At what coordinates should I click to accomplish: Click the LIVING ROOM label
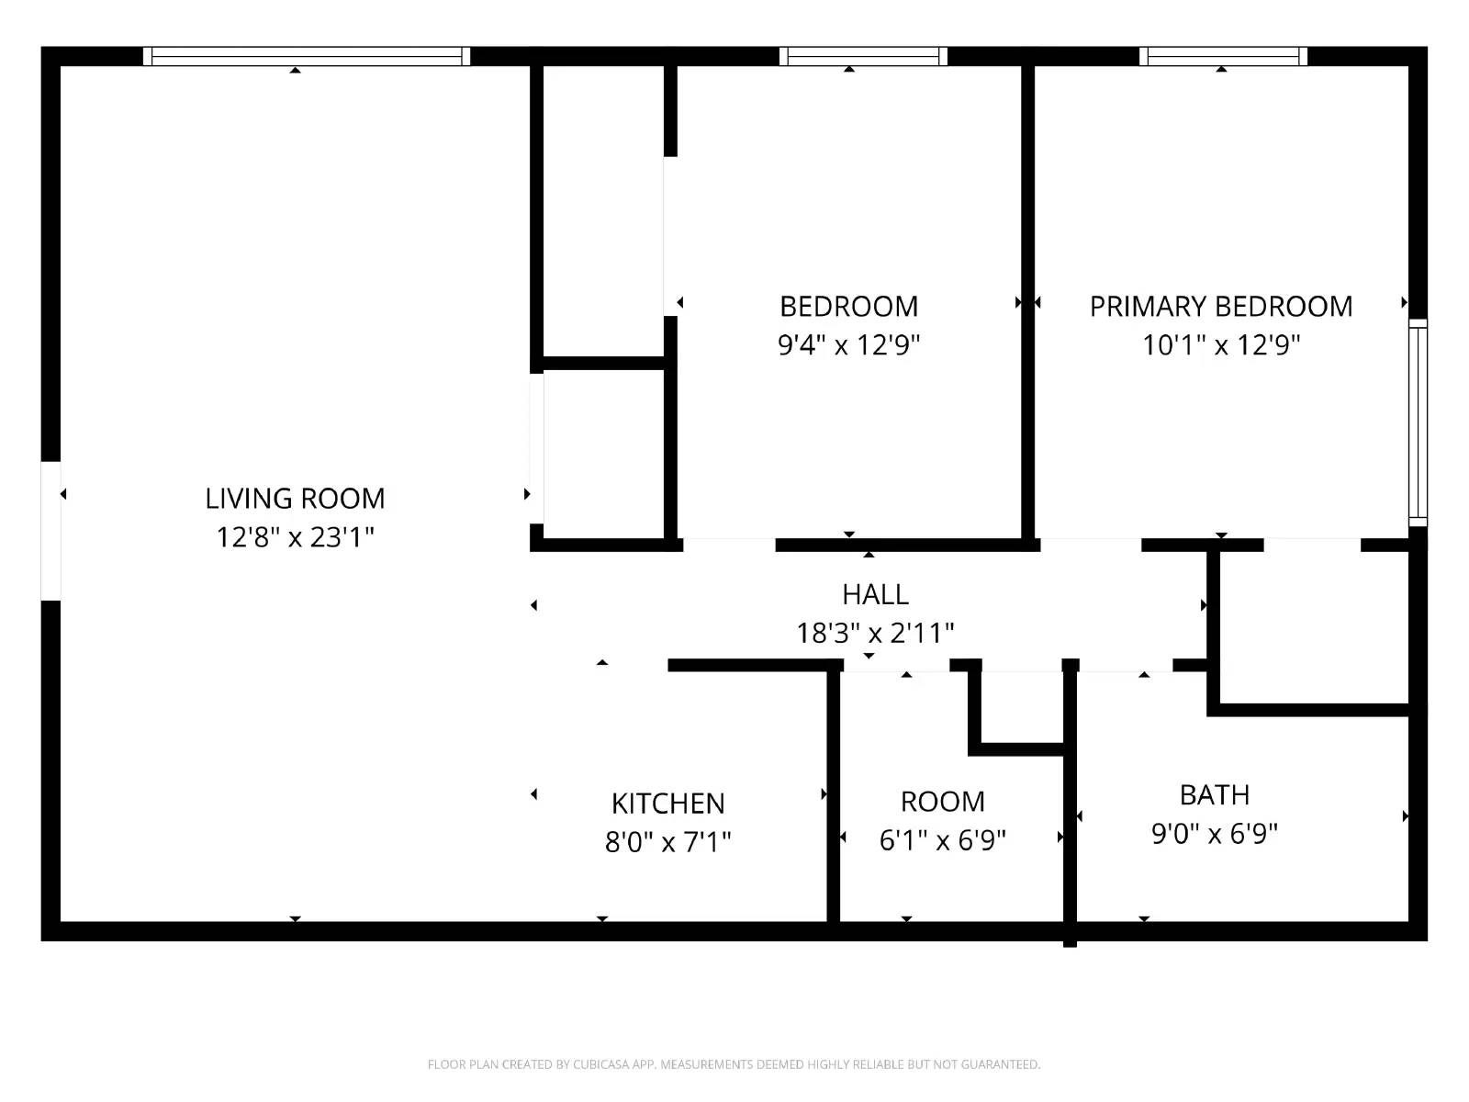(295, 499)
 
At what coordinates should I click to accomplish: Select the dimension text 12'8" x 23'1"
(295, 537)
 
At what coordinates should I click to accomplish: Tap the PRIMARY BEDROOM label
(1220, 307)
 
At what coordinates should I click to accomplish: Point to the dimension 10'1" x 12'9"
(1220, 345)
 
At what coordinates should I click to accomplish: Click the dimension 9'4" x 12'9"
(848, 345)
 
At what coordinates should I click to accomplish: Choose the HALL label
(875, 595)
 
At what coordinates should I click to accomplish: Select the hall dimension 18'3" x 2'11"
(875, 634)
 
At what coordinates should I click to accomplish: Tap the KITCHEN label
(667, 804)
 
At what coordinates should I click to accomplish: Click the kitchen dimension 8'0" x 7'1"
(667, 842)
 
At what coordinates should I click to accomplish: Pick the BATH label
(1214, 795)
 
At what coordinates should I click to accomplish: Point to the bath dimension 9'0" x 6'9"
(1214, 834)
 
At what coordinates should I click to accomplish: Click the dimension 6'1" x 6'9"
(942, 841)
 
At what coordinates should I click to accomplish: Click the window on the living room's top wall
(307, 57)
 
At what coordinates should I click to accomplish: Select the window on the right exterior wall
(1418, 422)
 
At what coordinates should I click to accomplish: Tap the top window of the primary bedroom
(1223, 57)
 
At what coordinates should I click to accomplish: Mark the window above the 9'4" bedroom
(863, 57)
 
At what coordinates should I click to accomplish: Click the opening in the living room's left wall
(51, 531)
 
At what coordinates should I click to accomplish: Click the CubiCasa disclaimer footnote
(734, 1064)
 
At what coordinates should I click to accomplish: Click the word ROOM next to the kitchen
(942, 802)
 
